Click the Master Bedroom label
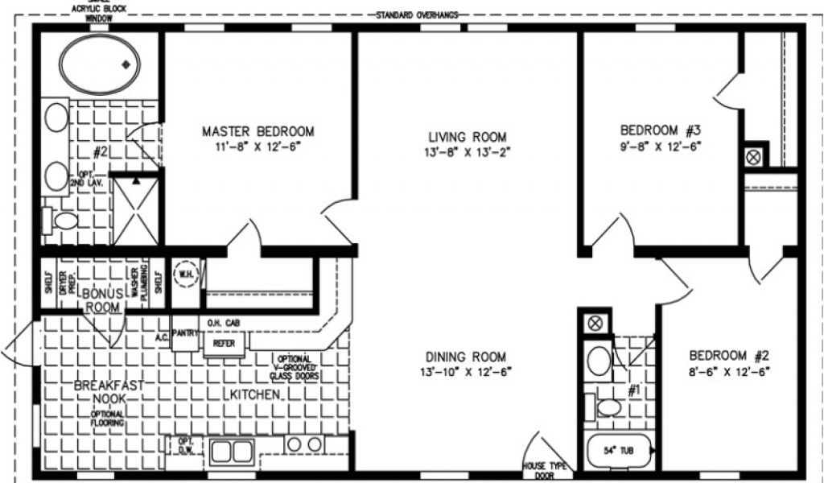[257, 131]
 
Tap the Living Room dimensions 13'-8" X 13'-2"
[467, 151]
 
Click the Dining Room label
[467, 357]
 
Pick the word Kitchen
[257, 395]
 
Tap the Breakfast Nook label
[100, 392]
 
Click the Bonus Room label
[103, 300]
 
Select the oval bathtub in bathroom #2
[98, 64]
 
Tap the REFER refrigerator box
[218, 343]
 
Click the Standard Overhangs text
[416, 15]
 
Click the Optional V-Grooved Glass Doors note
[296, 368]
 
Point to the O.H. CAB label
[222, 324]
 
